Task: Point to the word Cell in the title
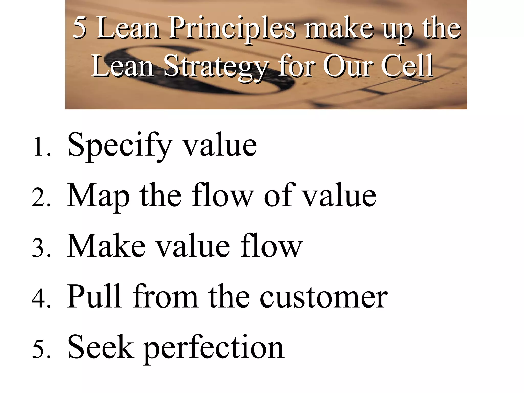click(407, 66)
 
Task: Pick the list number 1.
click(41, 147)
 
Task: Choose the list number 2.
click(41, 197)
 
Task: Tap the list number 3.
click(41, 248)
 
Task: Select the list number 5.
click(41, 349)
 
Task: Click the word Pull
click(94, 296)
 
